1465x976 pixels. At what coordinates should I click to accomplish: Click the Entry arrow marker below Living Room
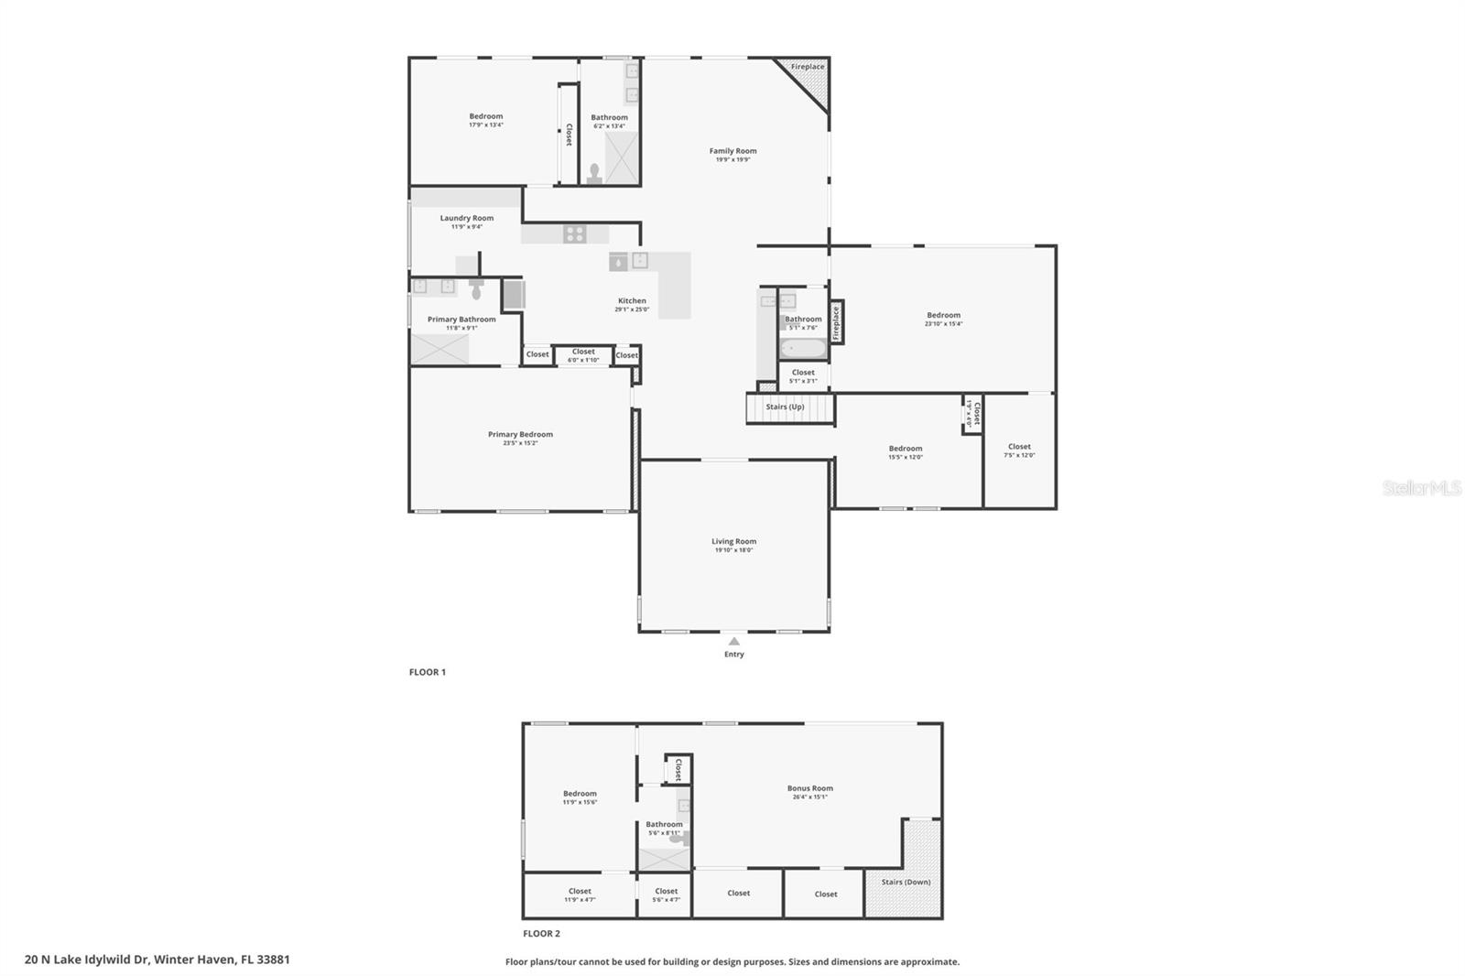733,642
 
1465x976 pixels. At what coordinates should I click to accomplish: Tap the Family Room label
732,151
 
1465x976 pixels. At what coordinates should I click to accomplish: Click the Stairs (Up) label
785,407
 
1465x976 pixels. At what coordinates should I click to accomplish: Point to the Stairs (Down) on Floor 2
906,882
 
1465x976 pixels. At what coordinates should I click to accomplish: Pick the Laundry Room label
466,218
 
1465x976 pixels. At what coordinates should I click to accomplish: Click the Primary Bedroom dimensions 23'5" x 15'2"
520,443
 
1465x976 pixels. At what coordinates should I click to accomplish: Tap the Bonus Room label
809,788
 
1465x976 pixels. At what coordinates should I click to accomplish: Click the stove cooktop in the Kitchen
574,233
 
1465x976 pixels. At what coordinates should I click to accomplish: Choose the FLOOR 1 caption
427,672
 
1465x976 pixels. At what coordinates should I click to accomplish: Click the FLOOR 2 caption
541,934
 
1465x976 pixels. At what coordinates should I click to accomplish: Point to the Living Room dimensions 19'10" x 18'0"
733,550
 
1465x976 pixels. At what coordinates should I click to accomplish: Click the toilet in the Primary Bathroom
476,290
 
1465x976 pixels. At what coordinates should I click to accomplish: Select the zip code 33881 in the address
274,960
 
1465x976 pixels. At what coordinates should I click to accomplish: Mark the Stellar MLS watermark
1421,489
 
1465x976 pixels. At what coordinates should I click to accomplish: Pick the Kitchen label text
632,300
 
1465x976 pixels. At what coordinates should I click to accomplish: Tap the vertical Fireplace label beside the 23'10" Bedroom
836,322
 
